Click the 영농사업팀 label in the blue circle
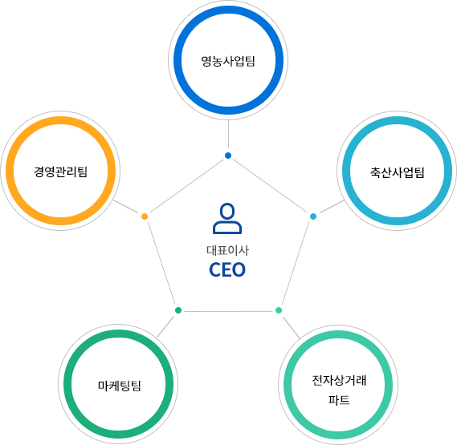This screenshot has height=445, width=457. point(228,61)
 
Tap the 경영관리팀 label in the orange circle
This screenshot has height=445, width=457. point(60,172)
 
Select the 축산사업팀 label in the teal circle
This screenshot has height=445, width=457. point(397,172)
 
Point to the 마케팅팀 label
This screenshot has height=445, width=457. point(119,386)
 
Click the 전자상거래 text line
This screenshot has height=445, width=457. point(339,380)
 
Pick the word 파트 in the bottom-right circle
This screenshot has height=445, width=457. point(339,400)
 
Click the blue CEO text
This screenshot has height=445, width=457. point(227,269)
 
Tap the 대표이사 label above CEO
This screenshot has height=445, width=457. point(227,250)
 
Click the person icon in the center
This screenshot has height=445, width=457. point(227,218)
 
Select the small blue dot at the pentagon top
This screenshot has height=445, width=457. point(228,156)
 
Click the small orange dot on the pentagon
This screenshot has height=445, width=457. point(145,216)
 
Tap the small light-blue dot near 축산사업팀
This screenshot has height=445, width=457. point(313,216)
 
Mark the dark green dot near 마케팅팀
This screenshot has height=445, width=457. point(178,310)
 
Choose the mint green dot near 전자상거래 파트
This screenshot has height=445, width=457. point(279,310)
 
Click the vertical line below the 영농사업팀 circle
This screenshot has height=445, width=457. point(228,134)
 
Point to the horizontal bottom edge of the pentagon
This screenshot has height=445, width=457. point(228,311)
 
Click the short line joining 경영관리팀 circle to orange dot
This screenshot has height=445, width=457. point(125,206)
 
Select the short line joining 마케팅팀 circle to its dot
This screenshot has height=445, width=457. point(165,327)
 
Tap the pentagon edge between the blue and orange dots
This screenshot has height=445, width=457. point(186,186)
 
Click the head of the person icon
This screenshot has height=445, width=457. point(227,211)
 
